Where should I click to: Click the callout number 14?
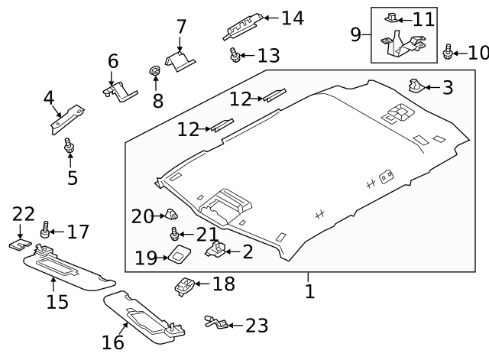tap(293, 18)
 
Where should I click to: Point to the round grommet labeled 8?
tap(154, 73)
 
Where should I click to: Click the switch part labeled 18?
tap(185, 286)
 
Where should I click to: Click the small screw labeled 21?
tap(176, 233)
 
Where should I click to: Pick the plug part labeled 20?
tap(172, 215)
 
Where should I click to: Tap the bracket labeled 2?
tap(217, 248)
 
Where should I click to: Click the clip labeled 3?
tap(416, 85)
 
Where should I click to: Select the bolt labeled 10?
tap(449, 53)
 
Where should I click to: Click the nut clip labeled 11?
tap(392, 16)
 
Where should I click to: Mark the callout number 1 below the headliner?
tap(309, 291)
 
